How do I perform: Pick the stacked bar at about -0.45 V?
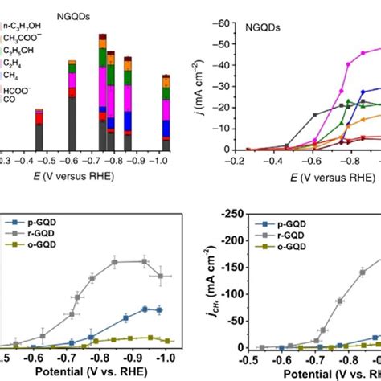pos(39,129)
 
